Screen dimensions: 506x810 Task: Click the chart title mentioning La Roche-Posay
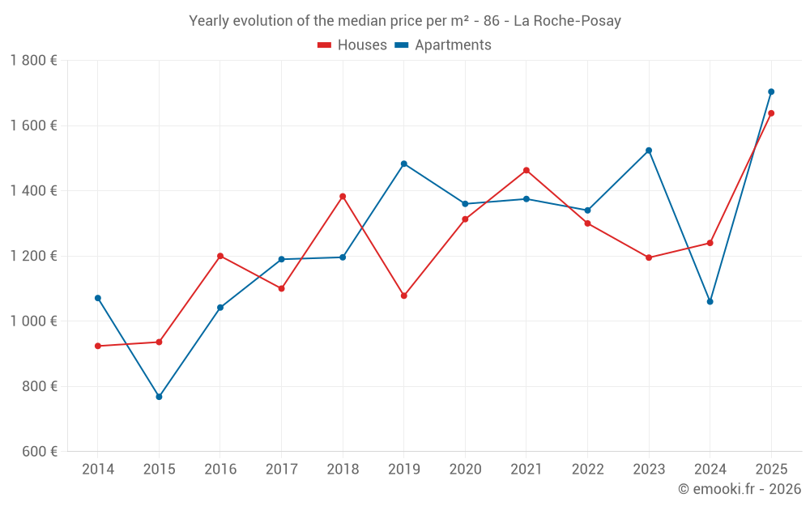404,21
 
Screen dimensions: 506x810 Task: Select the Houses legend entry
352,45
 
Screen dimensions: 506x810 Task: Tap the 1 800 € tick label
34,61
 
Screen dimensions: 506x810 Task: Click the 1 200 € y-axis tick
34,256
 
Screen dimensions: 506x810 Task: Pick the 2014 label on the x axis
98,470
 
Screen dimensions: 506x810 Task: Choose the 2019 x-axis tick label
404,470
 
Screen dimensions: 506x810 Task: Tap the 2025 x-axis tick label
771,470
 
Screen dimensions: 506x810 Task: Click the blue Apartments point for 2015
159,397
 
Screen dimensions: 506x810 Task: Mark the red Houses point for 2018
343,196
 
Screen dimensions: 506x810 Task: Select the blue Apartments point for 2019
404,164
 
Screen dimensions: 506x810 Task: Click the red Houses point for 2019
404,296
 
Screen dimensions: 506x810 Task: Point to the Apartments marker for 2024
710,301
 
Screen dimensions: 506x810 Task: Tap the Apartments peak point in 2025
771,91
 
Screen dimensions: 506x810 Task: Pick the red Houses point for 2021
526,170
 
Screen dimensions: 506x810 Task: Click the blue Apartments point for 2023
649,151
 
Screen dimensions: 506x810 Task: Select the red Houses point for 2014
98,346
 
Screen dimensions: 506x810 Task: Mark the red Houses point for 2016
220,256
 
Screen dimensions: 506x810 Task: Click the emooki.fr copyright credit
739,489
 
